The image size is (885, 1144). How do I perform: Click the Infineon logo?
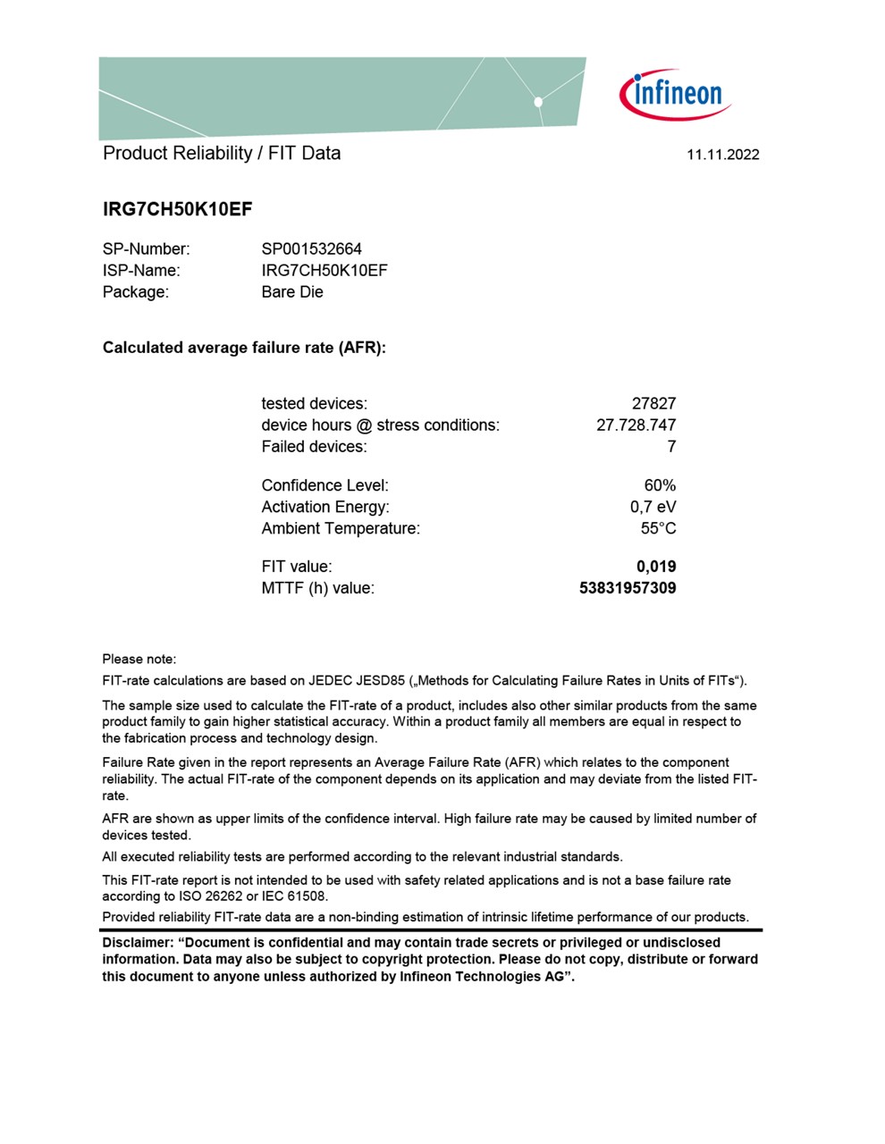click(x=677, y=94)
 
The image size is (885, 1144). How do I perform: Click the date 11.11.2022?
click(x=722, y=155)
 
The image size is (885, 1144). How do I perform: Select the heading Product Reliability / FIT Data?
click(x=222, y=153)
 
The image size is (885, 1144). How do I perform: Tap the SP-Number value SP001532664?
click(x=311, y=249)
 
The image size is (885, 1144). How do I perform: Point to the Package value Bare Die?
click(x=292, y=292)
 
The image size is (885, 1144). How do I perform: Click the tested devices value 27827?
click(x=653, y=404)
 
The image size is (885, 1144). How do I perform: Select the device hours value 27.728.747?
click(x=636, y=425)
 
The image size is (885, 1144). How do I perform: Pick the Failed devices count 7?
click(x=671, y=447)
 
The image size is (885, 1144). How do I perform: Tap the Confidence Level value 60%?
click(x=660, y=485)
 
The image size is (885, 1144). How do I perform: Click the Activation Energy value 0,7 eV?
click(x=653, y=507)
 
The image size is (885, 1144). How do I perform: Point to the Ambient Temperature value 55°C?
click(x=658, y=528)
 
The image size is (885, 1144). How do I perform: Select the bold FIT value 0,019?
click(x=656, y=567)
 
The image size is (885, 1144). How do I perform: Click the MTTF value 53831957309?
click(x=628, y=588)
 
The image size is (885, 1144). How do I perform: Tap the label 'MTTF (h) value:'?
click(x=317, y=588)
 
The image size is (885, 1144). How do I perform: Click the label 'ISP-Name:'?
click(x=141, y=271)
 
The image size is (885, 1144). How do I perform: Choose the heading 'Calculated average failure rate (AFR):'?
click(x=244, y=348)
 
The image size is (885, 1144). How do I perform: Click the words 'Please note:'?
click(x=139, y=659)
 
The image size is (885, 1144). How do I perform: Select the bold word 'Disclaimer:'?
click(x=138, y=943)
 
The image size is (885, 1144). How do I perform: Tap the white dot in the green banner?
click(x=538, y=102)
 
